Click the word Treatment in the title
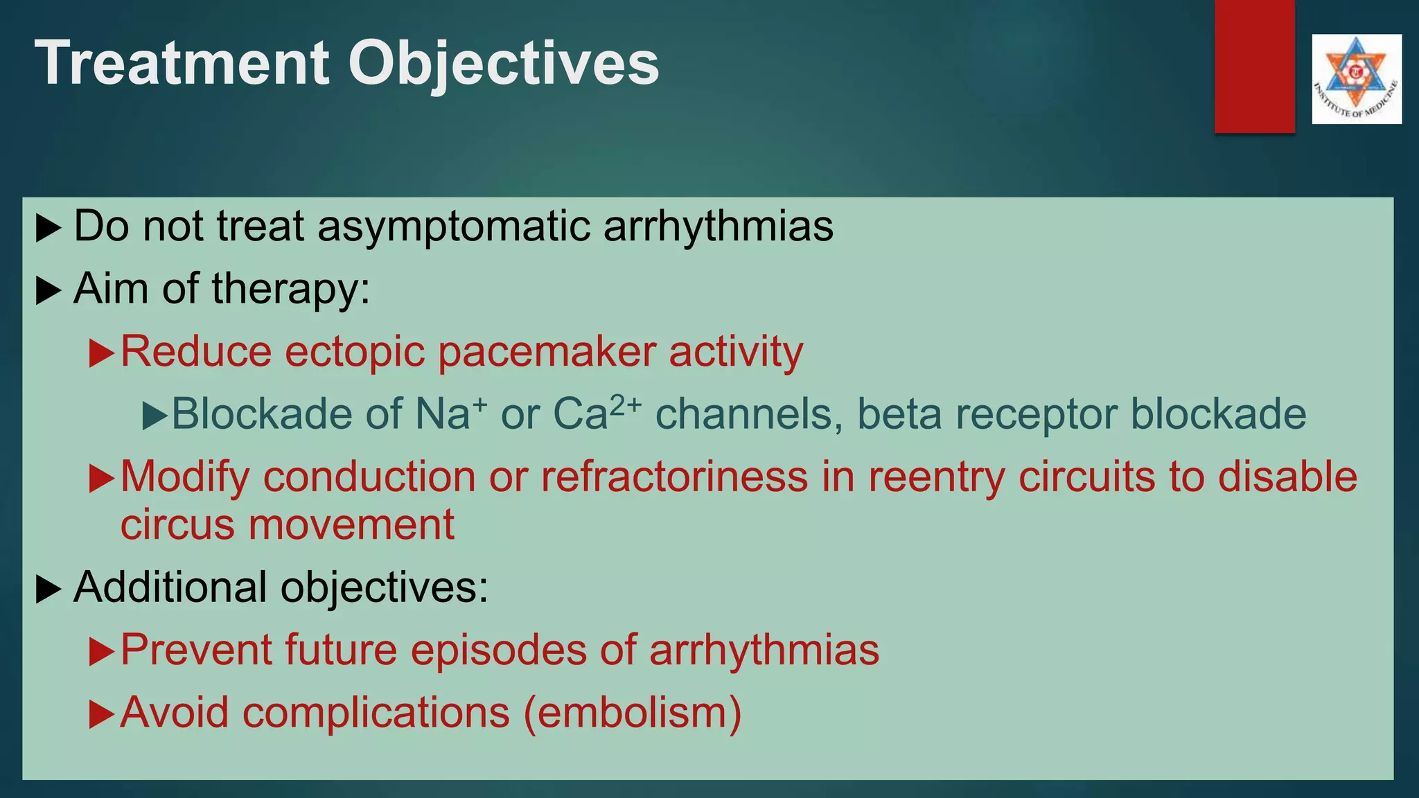pyautogui.click(x=182, y=63)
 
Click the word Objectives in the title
pyautogui.click(x=503, y=63)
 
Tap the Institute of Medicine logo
pyautogui.click(x=1356, y=79)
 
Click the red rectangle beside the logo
pyautogui.click(x=1254, y=66)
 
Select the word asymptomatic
pyautogui.click(x=453, y=227)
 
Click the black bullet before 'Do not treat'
pyautogui.click(x=48, y=228)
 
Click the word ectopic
pyautogui.click(x=354, y=352)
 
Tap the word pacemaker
pyautogui.click(x=547, y=352)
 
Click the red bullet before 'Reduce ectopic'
pyautogui.click(x=101, y=353)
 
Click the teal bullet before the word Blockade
pyautogui.click(x=154, y=416)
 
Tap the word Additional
pyautogui.click(x=170, y=587)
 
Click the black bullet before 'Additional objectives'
pyautogui.click(x=48, y=589)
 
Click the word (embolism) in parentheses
pyautogui.click(x=633, y=713)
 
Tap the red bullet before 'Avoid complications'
pyautogui.click(x=101, y=714)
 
